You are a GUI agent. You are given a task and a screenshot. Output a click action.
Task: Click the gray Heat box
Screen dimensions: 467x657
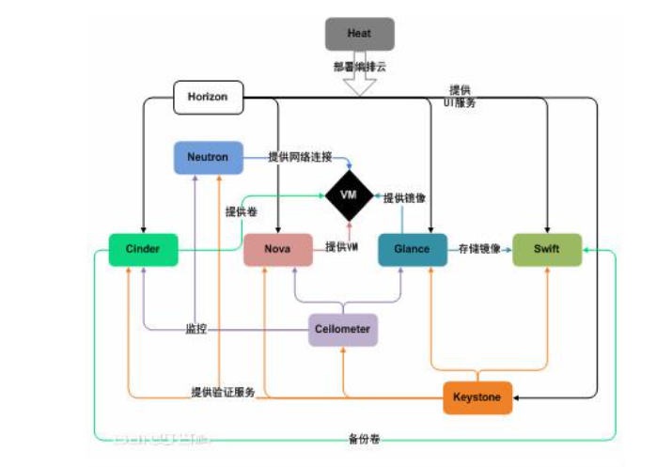(359, 34)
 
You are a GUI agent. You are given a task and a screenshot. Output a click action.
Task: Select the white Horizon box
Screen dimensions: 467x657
(208, 97)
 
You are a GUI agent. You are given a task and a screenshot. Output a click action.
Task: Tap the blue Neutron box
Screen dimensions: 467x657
(208, 157)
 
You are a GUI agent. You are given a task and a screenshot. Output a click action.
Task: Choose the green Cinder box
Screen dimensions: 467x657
(143, 249)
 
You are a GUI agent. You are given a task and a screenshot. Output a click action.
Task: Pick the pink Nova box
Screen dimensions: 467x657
(277, 249)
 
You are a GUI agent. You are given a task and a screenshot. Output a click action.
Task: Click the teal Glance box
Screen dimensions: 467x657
(412, 249)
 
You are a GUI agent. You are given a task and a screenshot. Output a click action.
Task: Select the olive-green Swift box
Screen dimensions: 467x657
(546, 249)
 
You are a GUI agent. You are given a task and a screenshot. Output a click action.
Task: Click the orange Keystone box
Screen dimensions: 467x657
(477, 397)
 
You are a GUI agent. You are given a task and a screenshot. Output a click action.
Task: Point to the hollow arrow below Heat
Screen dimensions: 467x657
(359, 84)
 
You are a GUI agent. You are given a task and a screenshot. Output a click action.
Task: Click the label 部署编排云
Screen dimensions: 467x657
(358, 67)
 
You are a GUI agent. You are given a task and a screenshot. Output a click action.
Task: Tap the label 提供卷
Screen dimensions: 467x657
(242, 212)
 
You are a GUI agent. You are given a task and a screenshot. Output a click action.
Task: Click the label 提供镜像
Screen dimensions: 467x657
(406, 197)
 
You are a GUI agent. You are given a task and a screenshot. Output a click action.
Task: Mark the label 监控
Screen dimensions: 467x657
(196, 330)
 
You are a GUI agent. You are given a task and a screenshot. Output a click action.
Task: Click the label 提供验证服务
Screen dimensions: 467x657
(223, 392)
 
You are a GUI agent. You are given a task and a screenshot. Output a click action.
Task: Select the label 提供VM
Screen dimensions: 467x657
(343, 246)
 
